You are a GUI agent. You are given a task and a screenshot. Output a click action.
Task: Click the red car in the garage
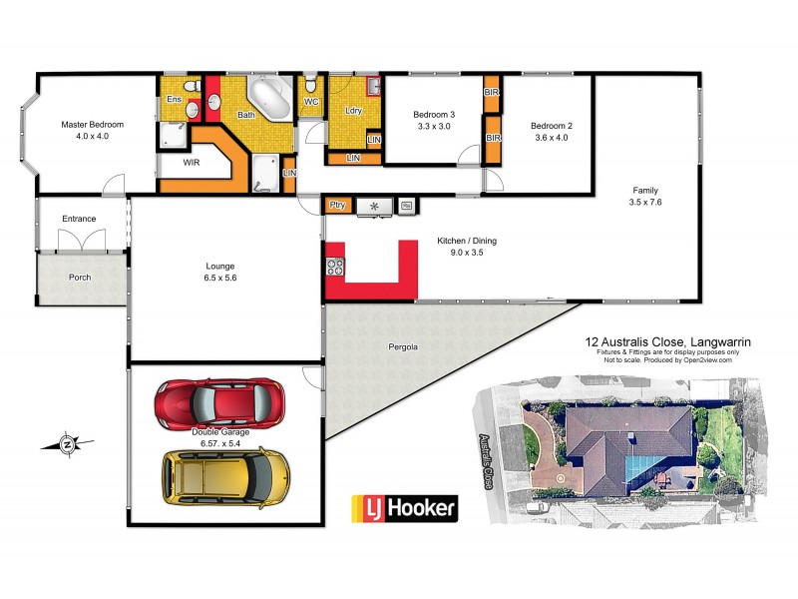(x=219, y=401)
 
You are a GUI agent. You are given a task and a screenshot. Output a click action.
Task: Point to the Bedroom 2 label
(x=550, y=125)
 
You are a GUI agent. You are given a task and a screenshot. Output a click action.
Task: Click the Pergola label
(x=403, y=347)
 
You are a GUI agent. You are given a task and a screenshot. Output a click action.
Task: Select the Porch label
(x=81, y=278)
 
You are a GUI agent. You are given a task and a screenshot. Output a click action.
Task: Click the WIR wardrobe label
(x=194, y=161)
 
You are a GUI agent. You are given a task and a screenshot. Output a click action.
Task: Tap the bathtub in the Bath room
(x=268, y=97)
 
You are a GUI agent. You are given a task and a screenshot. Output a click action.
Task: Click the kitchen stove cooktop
(x=335, y=267)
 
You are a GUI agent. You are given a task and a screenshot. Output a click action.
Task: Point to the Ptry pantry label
(x=337, y=206)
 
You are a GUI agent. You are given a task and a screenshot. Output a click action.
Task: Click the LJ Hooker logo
(x=404, y=507)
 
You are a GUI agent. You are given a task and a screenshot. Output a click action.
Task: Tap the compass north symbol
(x=67, y=443)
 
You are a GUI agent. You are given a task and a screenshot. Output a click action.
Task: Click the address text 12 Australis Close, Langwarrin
(x=667, y=341)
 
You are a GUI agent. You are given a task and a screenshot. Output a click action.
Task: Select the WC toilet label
(x=310, y=102)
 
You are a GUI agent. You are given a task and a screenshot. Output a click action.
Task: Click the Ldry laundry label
(x=352, y=111)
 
